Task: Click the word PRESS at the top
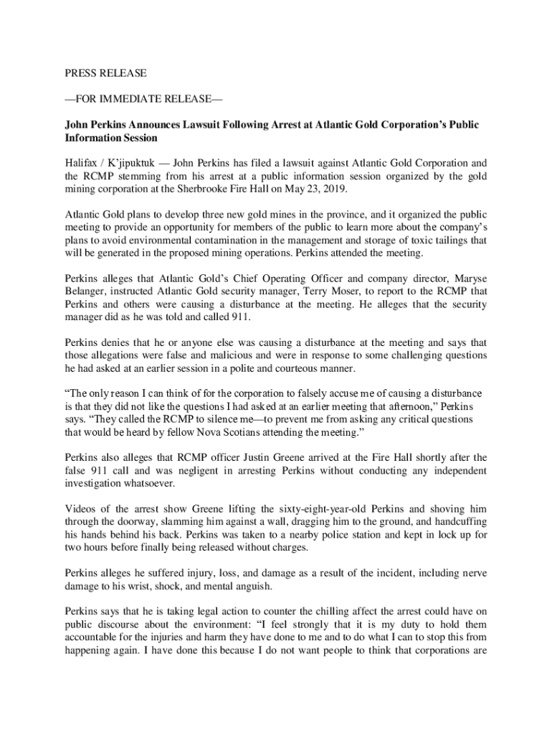coord(81,73)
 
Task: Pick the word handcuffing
coord(459,521)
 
